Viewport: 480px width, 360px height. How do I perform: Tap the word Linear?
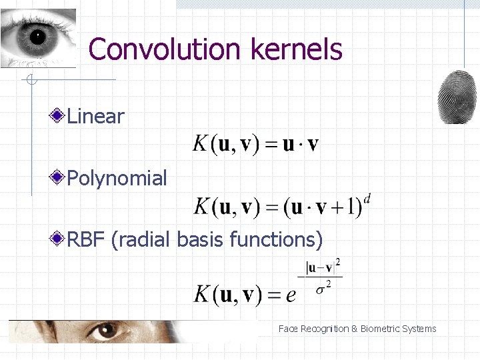(96, 117)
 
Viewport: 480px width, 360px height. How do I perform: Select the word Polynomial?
(117, 179)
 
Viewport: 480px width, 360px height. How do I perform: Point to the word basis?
(201, 239)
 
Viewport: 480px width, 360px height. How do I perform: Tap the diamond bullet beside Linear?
(58, 117)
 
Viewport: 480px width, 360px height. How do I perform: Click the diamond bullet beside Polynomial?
(58, 178)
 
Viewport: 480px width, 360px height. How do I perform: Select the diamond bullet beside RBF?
(58, 239)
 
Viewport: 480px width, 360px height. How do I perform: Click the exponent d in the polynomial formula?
(367, 198)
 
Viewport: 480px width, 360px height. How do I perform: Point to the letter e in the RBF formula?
(291, 294)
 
